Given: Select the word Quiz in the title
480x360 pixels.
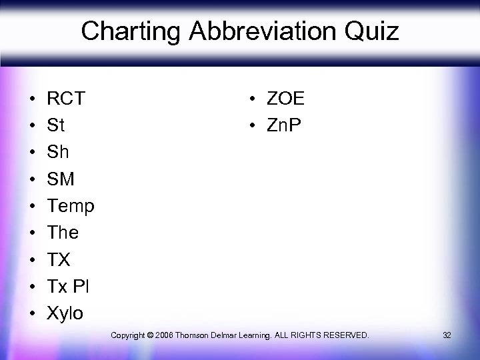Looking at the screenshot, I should pos(371,31).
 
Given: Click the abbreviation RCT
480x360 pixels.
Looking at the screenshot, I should pos(66,99).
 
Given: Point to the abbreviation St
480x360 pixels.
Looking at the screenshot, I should pos(55,125).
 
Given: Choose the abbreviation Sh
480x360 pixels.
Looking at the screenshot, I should pos(58,152).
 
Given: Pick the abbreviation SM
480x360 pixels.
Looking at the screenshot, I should pos(61,179).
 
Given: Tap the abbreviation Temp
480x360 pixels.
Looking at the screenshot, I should pos(71,206).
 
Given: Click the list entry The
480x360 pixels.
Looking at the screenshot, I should pos(63,233).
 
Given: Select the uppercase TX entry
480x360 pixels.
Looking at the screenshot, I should pos(59,259).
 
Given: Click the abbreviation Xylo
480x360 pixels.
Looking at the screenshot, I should pos(65,313).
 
